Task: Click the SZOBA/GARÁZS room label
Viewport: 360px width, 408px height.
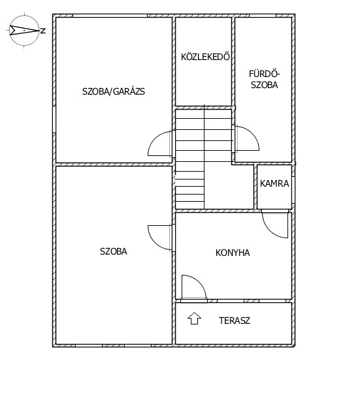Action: point(113,91)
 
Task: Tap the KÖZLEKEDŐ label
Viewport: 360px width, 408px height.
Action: point(205,57)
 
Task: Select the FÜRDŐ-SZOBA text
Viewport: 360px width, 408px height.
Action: point(264,80)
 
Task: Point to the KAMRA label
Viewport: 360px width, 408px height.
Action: point(274,183)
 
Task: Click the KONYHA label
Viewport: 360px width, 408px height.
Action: point(233,253)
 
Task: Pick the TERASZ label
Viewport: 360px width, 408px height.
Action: point(235,321)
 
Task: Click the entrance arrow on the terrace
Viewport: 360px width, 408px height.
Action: point(194,318)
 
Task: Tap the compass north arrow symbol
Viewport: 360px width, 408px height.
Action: point(24,31)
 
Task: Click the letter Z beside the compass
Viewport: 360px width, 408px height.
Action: point(43,31)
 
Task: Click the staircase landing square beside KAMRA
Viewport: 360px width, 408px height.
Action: point(229,187)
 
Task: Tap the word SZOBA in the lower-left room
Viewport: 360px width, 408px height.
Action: point(113,251)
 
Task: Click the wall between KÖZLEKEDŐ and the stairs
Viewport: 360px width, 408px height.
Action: point(203,108)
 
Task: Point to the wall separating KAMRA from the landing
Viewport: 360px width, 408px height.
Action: point(255,187)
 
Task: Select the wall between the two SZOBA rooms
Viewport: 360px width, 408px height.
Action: point(114,165)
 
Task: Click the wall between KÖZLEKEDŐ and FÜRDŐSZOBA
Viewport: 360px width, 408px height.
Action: point(233,61)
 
